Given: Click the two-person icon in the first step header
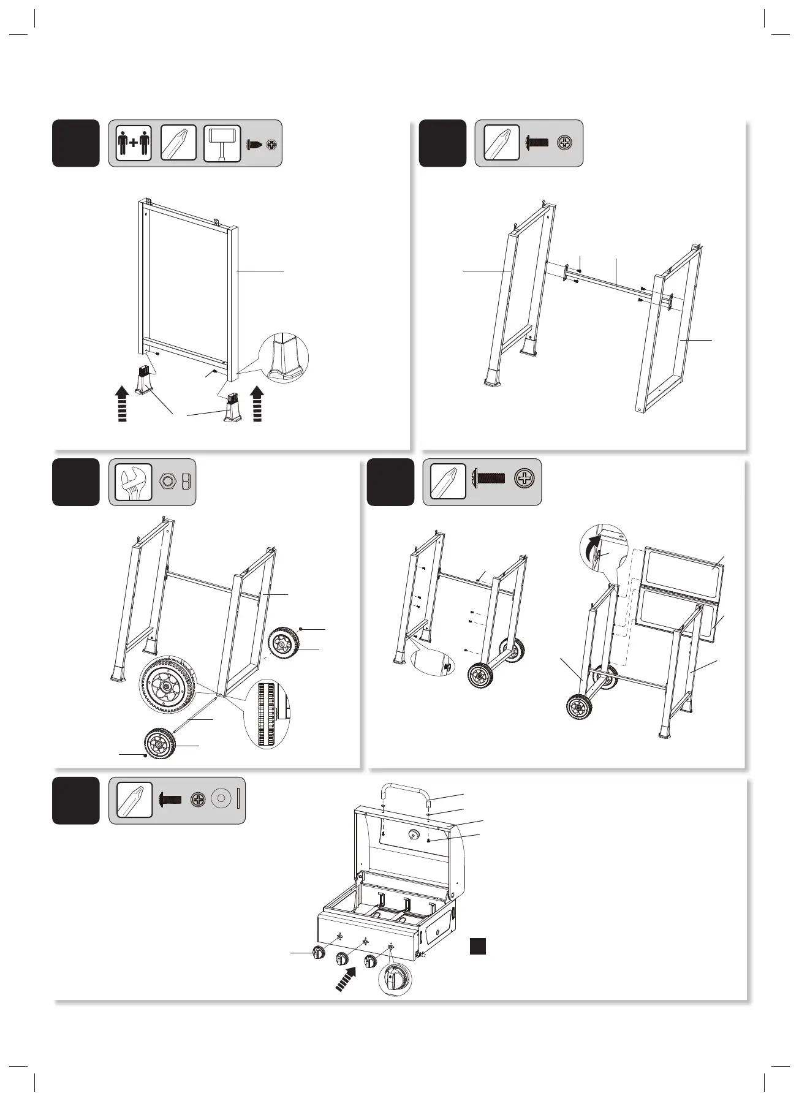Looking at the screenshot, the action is pos(133,143).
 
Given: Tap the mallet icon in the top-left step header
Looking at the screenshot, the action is pos(222,143).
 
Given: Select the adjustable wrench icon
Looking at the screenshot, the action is pos(134,482).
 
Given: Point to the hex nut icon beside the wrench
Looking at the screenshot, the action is pos(166,482).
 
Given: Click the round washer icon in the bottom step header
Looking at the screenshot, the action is pos(221,800).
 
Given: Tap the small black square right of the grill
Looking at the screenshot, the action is pos(478,946).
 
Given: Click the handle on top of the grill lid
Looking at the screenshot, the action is pos(406,791).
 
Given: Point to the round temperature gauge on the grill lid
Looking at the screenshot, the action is pos(413,834).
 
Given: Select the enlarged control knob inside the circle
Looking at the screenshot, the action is pos(395,978).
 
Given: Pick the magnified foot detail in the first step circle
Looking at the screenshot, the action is pos(284,359).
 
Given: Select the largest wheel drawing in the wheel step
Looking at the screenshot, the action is pos(167,688).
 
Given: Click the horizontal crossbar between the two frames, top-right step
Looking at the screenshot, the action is pos(610,283).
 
